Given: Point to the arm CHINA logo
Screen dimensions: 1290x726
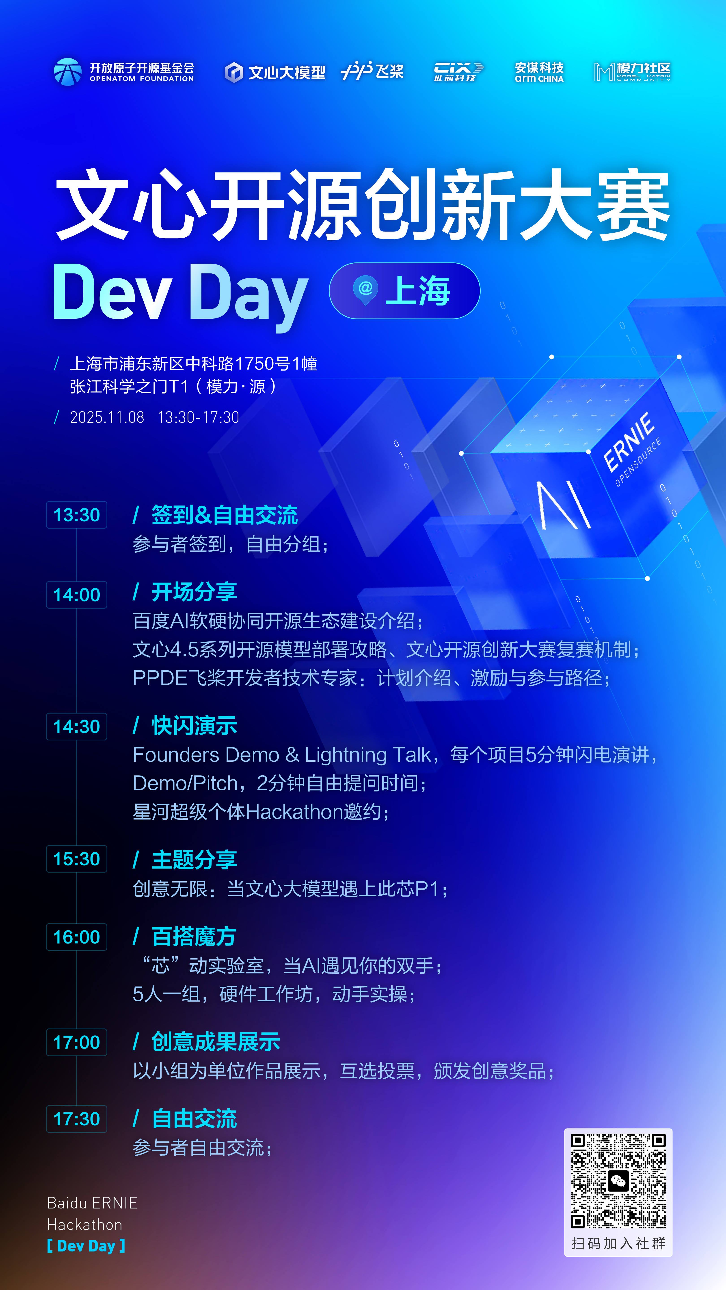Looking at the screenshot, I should point(539,72).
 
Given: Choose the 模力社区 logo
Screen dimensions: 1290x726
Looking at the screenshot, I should point(632,72).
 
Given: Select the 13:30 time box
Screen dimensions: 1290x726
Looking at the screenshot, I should point(77,515).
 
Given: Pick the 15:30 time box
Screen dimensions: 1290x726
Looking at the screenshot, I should point(77,859).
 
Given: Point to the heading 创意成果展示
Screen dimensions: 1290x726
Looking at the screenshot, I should point(215,1042).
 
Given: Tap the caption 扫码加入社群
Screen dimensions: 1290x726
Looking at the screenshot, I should point(618,1243).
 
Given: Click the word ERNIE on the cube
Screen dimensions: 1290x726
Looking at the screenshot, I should point(629,442).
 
